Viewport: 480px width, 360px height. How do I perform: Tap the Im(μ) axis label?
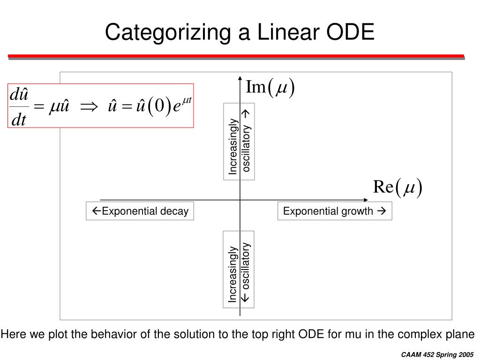(x=270, y=88)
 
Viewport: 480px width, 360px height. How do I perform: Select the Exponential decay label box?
(x=140, y=211)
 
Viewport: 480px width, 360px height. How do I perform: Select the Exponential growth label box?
(x=334, y=211)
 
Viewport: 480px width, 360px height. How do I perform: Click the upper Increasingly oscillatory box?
(x=240, y=142)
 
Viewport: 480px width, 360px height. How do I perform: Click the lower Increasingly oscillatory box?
(x=240, y=269)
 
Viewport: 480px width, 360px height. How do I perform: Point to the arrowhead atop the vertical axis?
(x=240, y=78)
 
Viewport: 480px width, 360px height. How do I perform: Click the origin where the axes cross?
(x=240, y=200)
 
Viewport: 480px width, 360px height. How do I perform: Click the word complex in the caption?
(x=419, y=334)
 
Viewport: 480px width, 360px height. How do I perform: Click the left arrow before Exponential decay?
(x=96, y=211)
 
